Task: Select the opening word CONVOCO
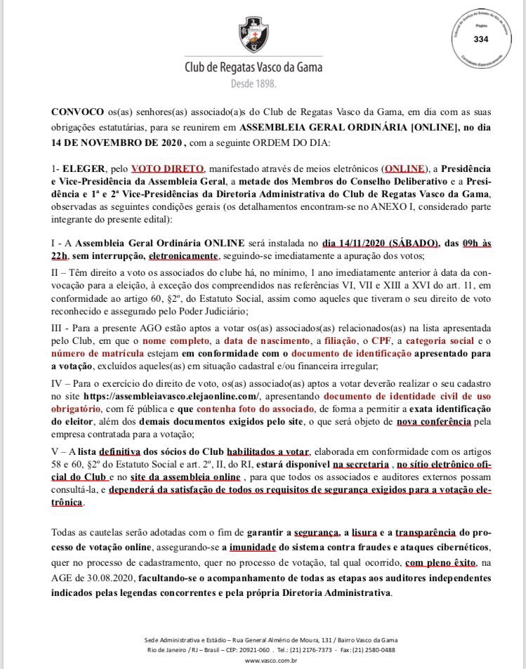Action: coord(75,112)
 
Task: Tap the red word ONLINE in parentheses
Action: coord(404,169)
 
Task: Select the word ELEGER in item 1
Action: coord(82,169)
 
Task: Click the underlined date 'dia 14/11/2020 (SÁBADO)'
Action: coord(381,243)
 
